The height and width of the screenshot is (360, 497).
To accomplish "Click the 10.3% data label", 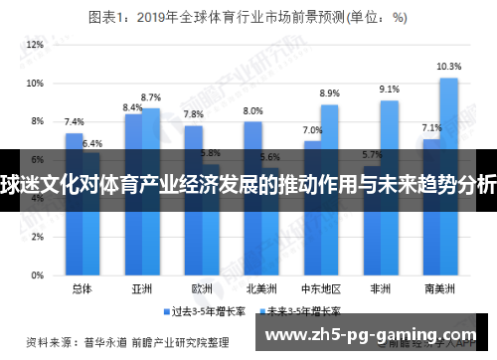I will tap(448, 67).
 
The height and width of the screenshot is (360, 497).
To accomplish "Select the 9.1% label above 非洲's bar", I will tap(389, 90).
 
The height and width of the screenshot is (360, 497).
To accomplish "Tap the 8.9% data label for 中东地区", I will tap(330, 93).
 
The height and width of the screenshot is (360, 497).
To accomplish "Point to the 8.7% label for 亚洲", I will tap(151, 97).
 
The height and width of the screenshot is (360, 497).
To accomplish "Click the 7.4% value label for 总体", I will tap(74, 122).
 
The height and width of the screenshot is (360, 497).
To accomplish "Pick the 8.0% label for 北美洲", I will tap(252, 110).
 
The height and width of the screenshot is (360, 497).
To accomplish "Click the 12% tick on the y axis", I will tap(36, 46).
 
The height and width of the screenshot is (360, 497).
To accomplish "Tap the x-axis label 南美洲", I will tap(439, 288).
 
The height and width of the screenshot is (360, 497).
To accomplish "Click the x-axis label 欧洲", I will tap(202, 288).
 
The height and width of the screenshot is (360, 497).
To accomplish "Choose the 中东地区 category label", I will tap(321, 288).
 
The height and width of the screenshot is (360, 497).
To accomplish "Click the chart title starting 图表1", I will tap(248, 17).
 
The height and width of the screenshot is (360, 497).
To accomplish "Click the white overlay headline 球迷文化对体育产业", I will tap(248, 182).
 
